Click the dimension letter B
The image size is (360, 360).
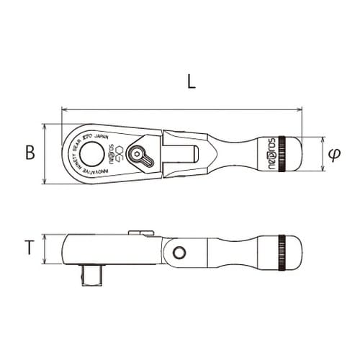click(x=30, y=153)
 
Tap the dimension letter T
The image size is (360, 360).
click(x=28, y=248)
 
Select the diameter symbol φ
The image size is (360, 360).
click(x=333, y=153)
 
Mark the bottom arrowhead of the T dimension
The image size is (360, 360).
click(x=45, y=262)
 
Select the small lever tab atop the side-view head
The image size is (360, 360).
click(x=141, y=233)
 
